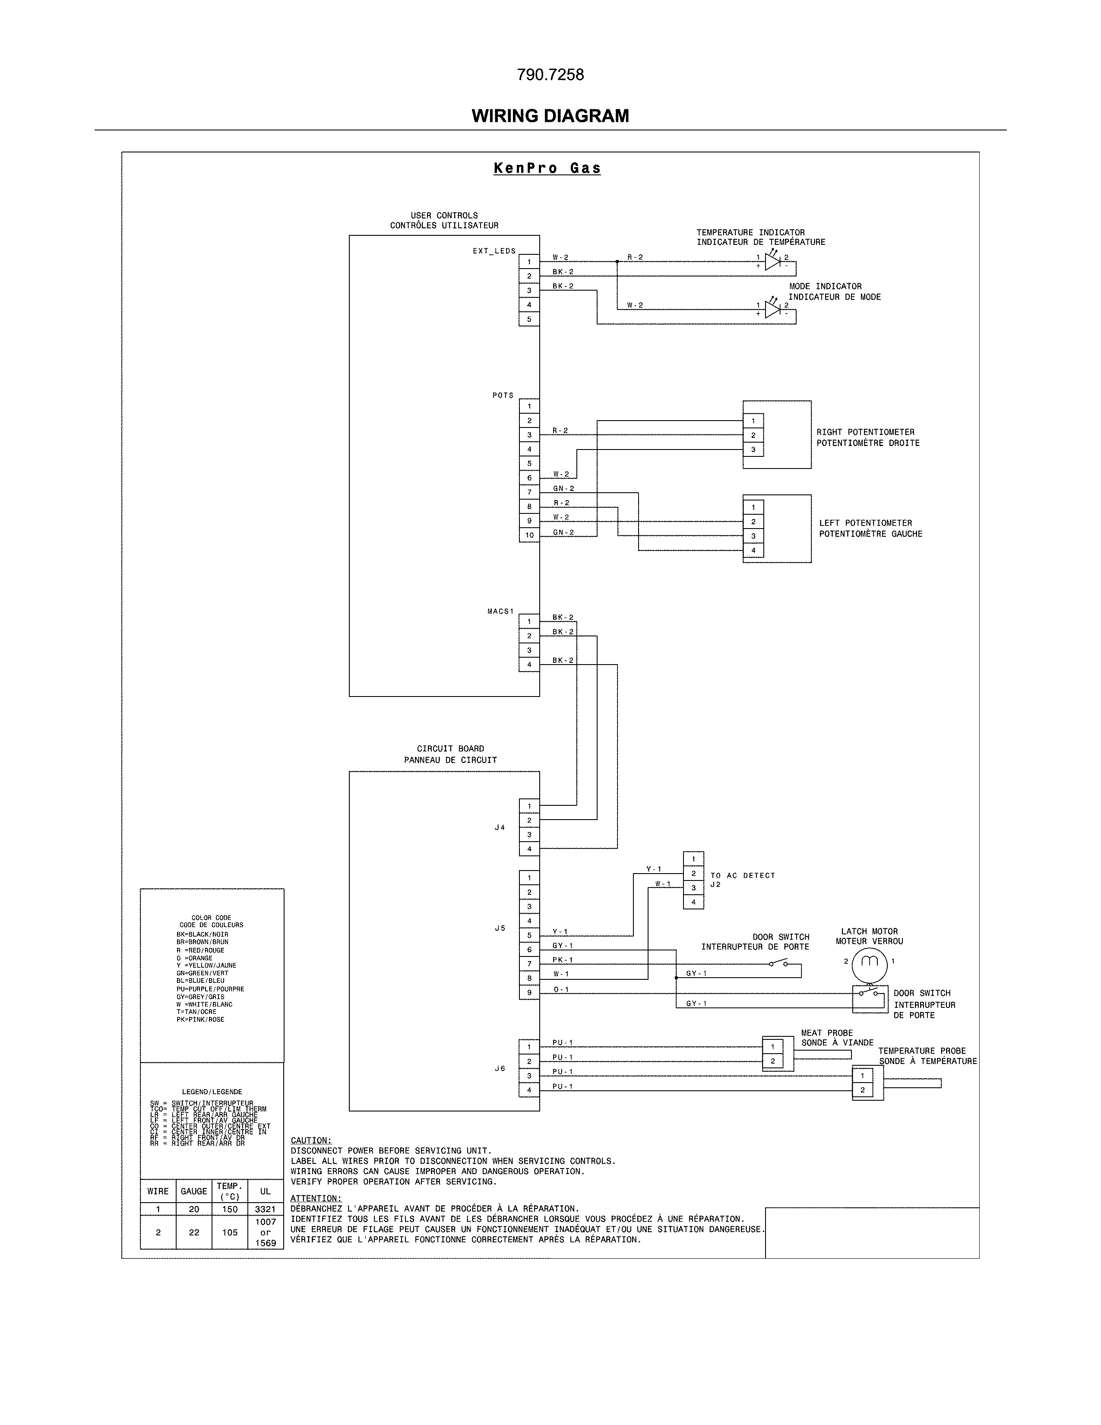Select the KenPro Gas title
pyautogui.click(x=547, y=168)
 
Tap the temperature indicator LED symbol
pyautogui.click(x=773, y=262)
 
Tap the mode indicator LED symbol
pyautogui.click(x=773, y=310)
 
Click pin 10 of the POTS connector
pyautogui.click(x=529, y=535)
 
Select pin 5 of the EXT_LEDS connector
pyautogui.click(x=529, y=319)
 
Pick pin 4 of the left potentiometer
pyautogui.click(x=753, y=550)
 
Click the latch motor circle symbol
pyautogui.click(x=870, y=961)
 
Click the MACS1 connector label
pyautogui.click(x=500, y=611)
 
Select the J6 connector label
pyautogui.click(x=500, y=1068)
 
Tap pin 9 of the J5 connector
pyautogui.click(x=529, y=992)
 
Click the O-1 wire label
pyautogui.click(x=561, y=989)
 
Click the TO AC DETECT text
pyautogui.click(x=742, y=876)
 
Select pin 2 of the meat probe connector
pyautogui.click(x=772, y=1061)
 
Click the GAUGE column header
pyautogui.click(x=194, y=1191)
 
